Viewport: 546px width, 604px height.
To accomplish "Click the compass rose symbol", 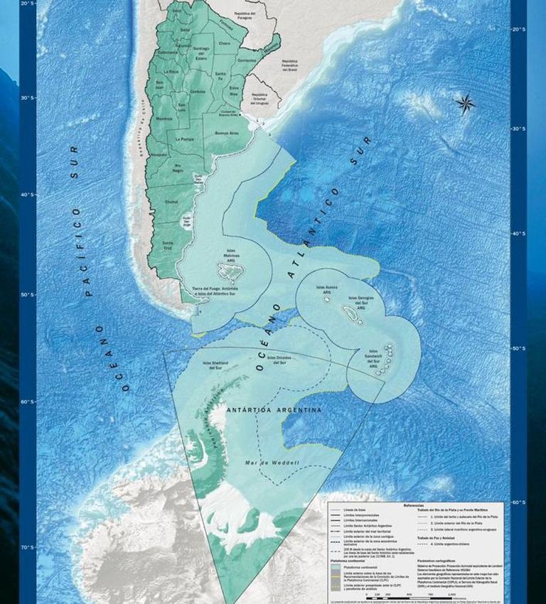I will pyautogui.click(x=466, y=104).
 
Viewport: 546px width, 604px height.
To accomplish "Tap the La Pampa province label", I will pyautogui.click(x=185, y=139).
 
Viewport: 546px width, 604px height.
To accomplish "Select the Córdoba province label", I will pyautogui.click(x=198, y=92).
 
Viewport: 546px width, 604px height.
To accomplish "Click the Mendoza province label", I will pyautogui.click(x=164, y=119).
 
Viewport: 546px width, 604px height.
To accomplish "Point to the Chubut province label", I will pyautogui.click(x=171, y=202).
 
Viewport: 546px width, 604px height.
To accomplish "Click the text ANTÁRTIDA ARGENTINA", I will pyautogui.click(x=274, y=410).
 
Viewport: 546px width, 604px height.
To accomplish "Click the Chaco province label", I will pyautogui.click(x=225, y=43).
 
